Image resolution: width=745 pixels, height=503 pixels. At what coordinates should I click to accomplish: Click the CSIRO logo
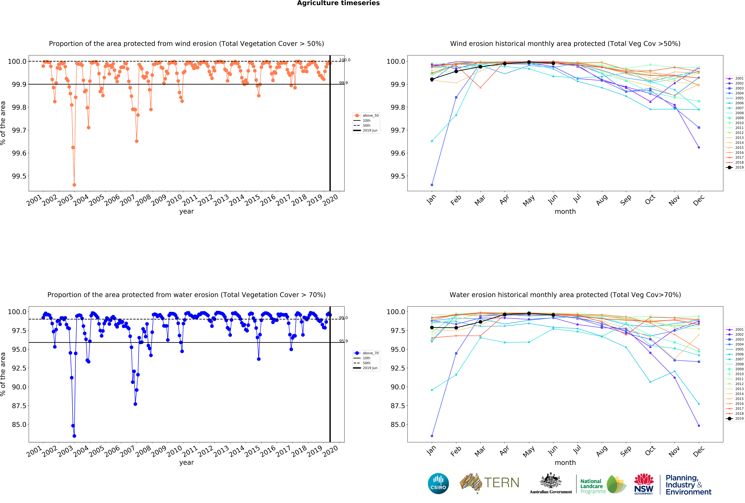[438, 483]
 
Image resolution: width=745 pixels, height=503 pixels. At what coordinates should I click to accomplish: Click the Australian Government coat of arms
[550, 480]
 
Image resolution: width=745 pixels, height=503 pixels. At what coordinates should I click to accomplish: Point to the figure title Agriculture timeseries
[338, 3]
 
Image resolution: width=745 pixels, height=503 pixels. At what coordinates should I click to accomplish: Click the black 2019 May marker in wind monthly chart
[529, 62]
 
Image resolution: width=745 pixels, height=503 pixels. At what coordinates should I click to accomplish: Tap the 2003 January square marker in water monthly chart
[432, 436]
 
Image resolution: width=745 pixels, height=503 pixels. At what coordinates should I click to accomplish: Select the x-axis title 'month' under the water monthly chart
[565, 463]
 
